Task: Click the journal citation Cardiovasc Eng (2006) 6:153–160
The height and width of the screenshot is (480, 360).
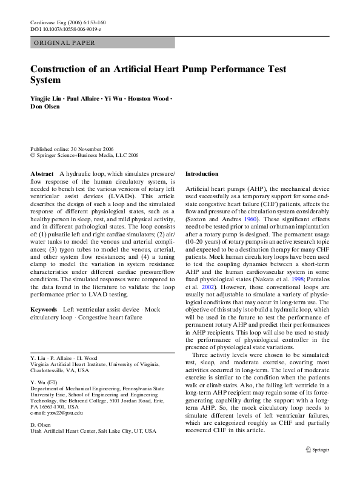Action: [x=67, y=22]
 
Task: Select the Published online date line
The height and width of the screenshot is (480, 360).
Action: [x=73, y=149]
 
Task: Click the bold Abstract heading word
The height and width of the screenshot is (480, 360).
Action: [x=41, y=173]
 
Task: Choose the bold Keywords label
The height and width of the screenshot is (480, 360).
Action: [x=43, y=310]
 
